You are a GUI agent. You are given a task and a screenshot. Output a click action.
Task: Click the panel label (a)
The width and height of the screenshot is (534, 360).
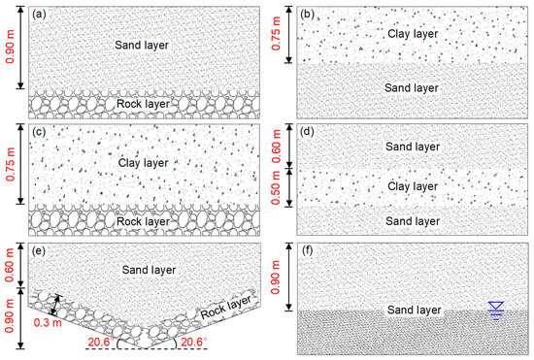[x=39, y=14]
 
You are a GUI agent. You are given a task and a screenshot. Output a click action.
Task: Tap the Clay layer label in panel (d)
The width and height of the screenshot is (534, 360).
[x=414, y=185]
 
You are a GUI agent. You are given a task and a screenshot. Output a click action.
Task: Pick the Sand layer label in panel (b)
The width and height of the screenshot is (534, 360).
[x=414, y=88]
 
